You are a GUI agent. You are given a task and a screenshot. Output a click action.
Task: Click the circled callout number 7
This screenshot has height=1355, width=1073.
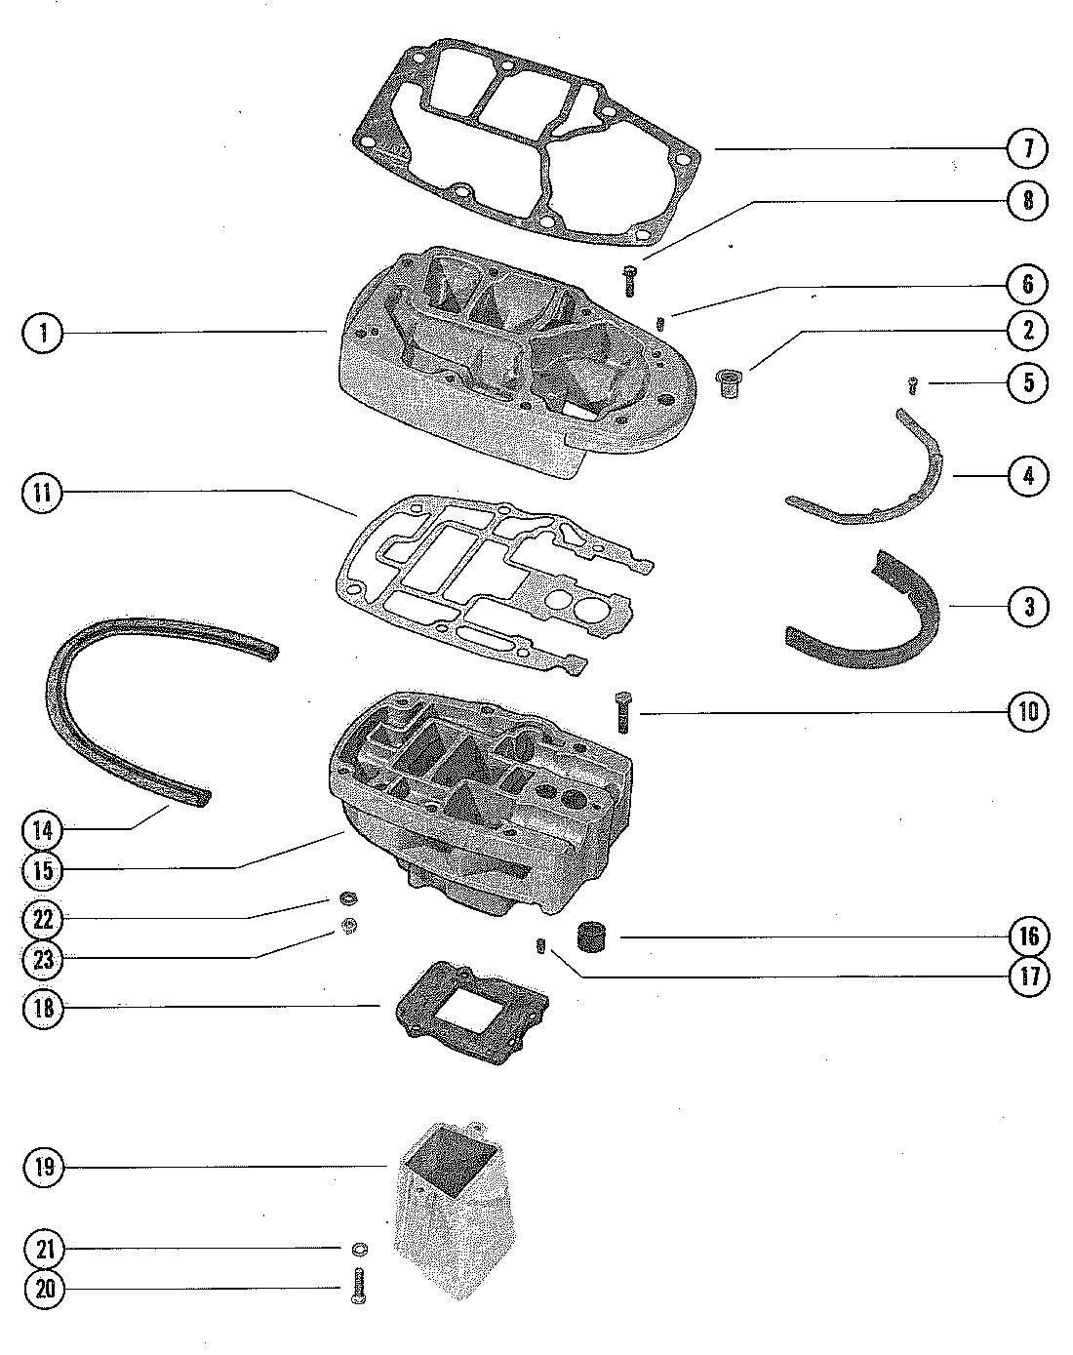tap(1028, 149)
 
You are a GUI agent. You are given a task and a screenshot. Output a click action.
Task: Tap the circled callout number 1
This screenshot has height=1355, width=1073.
tap(41, 333)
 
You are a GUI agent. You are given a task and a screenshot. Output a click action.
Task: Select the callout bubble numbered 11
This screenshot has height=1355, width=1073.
tap(41, 494)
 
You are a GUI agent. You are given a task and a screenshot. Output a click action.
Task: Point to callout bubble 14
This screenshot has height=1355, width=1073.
tap(41, 830)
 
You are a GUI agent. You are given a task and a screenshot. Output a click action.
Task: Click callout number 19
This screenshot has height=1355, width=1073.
tap(41, 1167)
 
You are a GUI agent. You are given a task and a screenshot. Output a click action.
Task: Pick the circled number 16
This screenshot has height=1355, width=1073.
tap(1028, 937)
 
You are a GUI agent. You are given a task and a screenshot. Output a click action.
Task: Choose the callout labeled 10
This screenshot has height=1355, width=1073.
tap(1028, 712)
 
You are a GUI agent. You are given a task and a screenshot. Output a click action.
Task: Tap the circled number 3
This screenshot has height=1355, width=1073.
tap(1028, 606)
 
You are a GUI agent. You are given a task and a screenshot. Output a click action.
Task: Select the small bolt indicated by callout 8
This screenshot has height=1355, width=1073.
tap(629, 280)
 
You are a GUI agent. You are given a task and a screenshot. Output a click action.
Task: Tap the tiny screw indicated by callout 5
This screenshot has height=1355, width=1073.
tap(913, 385)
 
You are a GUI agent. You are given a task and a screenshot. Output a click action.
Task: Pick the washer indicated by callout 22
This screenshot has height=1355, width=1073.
tap(346, 897)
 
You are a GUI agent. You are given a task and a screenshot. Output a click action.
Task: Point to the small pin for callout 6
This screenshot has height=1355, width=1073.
tap(660, 321)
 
